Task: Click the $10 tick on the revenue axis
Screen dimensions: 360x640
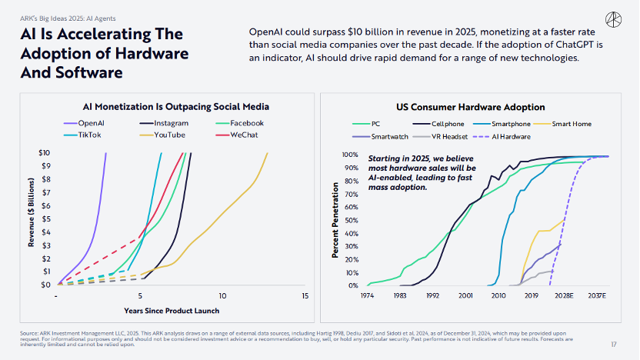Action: point(46,153)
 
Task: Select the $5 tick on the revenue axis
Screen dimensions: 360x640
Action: point(46,219)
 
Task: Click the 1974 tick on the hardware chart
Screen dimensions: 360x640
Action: point(367,295)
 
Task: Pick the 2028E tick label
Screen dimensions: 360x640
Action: point(564,295)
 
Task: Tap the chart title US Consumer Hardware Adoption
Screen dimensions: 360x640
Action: point(470,107)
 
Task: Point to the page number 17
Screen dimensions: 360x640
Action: point(614,343)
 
